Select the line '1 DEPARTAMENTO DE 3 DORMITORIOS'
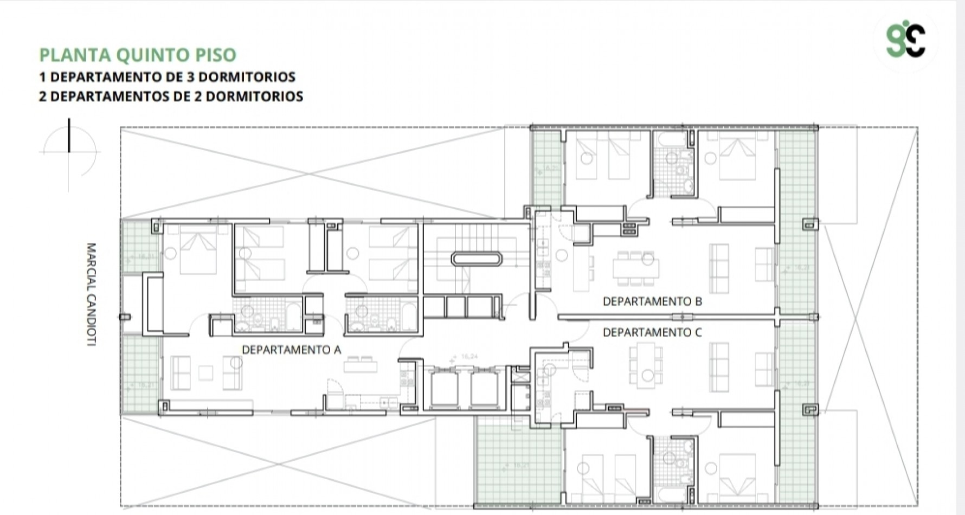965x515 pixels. [167, 76]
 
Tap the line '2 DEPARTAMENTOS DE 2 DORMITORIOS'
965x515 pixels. [171, 96]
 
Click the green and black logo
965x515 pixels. [905, 41]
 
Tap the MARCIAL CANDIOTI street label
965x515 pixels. [91, 294]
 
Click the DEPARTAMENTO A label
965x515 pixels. [291, 350]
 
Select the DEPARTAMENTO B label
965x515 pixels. [652, 301]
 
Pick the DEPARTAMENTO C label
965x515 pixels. [652, 332]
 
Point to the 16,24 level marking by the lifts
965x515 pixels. [469, 356]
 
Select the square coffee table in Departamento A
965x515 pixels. [205, 372]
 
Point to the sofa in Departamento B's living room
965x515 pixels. [719, 267]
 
